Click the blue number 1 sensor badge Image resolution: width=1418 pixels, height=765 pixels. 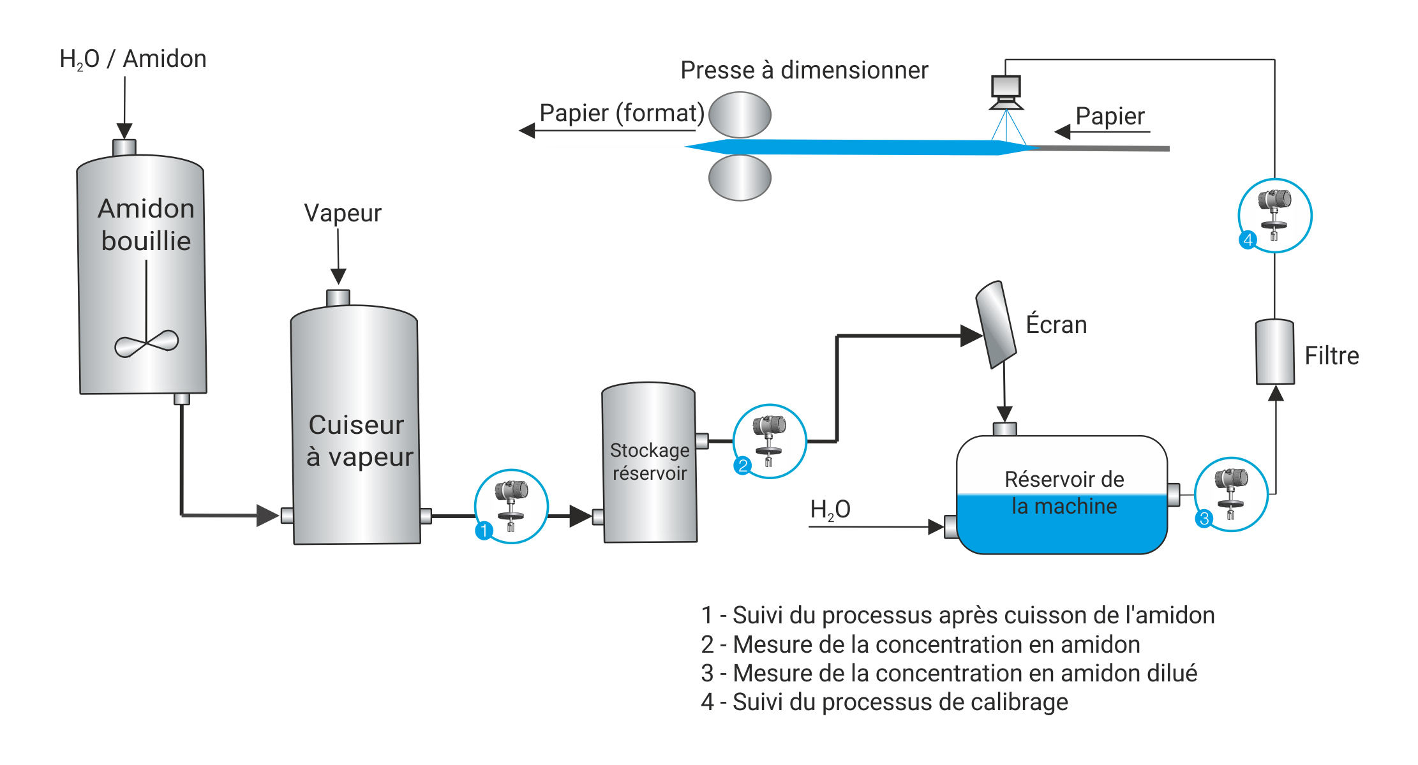tap(484, 530)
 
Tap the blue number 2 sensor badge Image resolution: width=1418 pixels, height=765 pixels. tap(742, 465)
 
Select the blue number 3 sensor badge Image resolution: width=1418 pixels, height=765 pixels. tap(1204, 518)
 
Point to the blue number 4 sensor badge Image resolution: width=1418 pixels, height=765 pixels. tap(1248, 240)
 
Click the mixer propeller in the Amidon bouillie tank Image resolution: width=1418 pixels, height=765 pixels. tap(146, 343)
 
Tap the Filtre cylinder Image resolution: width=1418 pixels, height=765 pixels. tap(1274, 352)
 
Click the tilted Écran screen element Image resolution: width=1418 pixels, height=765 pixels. tap(996, 325)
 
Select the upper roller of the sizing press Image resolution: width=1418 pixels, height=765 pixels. tap(740, 115)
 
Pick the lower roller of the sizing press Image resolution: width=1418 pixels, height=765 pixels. tap(740, 178)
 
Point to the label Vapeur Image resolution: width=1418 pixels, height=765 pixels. tap(343, 213)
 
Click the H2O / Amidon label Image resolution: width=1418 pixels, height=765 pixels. tap(133, 59)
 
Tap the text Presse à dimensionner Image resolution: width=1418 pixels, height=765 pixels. tap(803, 70)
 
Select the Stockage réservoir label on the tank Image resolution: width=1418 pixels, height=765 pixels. tap(650, 461)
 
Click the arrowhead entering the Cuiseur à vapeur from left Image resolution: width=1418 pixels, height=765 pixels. tap(267, 515)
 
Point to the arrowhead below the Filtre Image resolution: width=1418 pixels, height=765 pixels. tap(1275, 393)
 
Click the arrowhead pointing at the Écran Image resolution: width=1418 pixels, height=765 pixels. tap(971, 336)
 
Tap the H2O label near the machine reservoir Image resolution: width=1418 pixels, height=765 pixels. tap(830, 510)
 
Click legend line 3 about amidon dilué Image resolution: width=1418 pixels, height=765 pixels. tap(948, 673)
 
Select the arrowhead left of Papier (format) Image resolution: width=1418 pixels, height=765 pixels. tap(527, 131)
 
